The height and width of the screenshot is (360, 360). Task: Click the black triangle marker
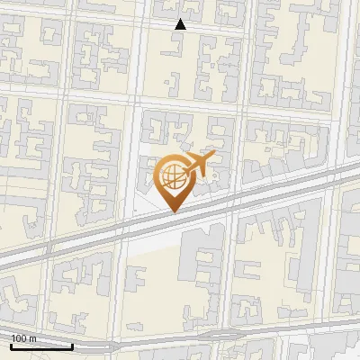click(x=180, y=24)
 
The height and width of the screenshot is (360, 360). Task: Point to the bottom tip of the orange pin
click(x=173, y=211)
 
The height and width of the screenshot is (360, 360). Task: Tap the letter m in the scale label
click(x=33, y=338)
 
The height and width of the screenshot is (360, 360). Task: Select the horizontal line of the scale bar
click(x=41, y=346)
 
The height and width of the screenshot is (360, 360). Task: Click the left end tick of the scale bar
click(x=11, y=344)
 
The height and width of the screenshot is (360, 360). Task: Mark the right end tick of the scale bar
click(x=72, y=344)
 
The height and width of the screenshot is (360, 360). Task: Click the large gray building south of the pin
click(x=202, y=270)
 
